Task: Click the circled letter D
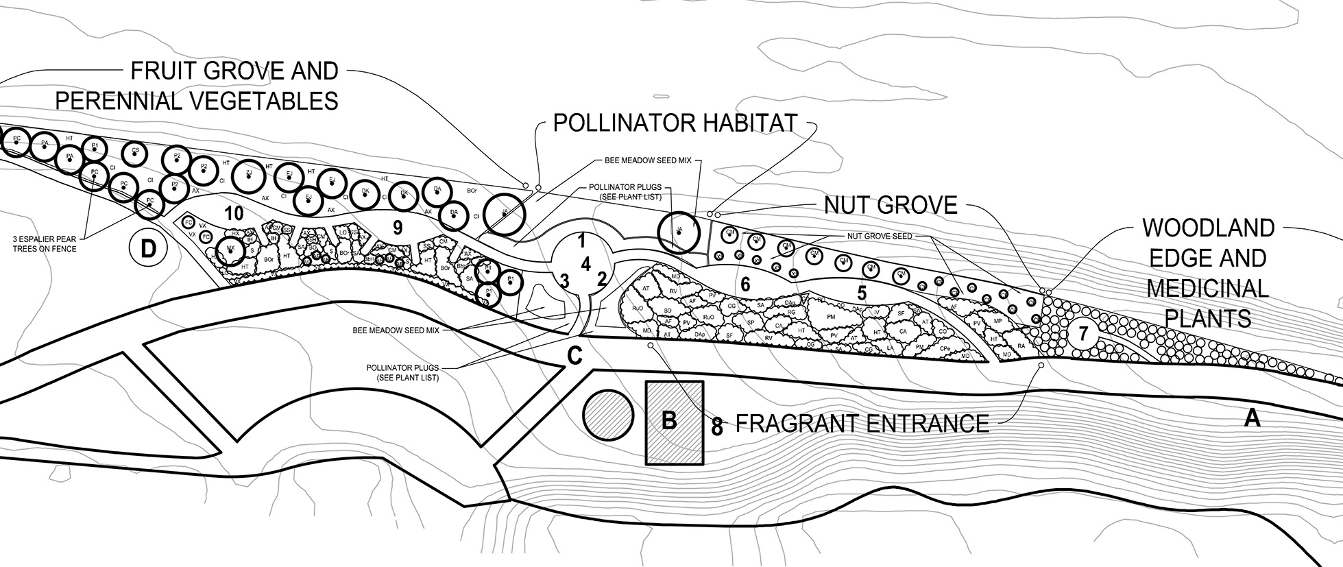[148, 249]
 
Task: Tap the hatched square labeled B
[675, 423]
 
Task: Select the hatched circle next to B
[607, 415]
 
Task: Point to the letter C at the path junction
[574, 357]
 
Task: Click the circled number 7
[1083, 334]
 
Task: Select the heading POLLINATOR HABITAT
[675, 123]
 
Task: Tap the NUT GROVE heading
[891, 205]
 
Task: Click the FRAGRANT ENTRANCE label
[862, 424]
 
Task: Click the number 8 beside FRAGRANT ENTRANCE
[717, 427]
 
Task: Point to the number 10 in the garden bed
[234, 213]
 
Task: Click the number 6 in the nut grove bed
[745, 283]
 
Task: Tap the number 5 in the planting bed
[862, 293]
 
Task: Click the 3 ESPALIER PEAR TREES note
[45, 243]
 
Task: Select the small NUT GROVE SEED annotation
[879, 236]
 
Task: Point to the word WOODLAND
[1208, 228]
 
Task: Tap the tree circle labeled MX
[231, 251]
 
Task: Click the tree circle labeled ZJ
[249, 175]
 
